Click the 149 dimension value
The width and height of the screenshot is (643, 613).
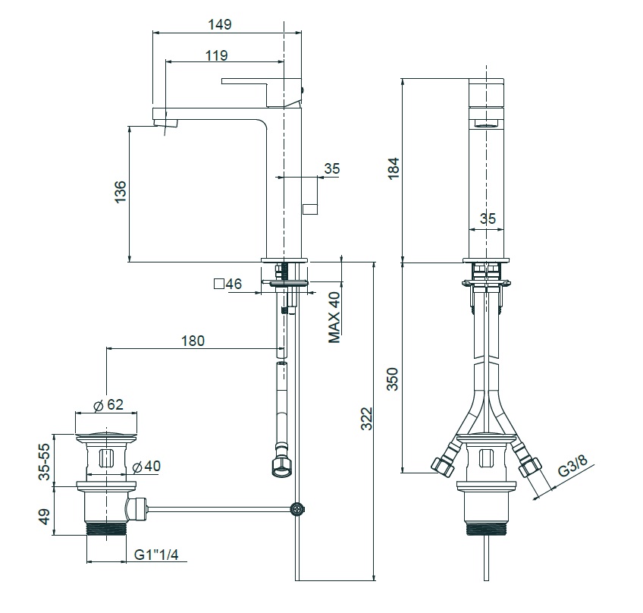pyautogui.click(x=219, y=24)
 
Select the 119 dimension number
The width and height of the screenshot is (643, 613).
pyautogui.click(x=216, y=55)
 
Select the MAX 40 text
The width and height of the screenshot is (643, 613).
pyautogui.click(x=334, y=318)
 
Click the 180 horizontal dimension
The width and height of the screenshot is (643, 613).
pyautogui.click(x=193, y=341)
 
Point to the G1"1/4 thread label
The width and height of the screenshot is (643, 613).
pyautogui.click(x=155, y=555)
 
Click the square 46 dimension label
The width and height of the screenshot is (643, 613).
pyautogui.click(x=227, y=284)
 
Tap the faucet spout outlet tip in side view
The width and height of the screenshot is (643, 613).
pyautogui.click(x=165, y=121)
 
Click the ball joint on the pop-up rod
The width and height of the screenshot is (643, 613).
pyautogui.click(x=298, y=508)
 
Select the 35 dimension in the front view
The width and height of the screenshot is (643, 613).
pyautogui.click(x=488, y=218)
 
